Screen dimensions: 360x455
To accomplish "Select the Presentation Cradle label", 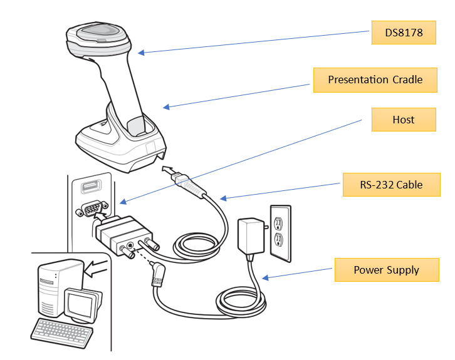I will [x=375, y=80].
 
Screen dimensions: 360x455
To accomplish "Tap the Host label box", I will [x=403, y=120].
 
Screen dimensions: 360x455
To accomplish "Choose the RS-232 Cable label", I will [x=390, y=184].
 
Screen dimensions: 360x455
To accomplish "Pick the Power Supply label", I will [x=386, y=270].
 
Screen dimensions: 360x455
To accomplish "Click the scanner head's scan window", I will [x=97, y=31].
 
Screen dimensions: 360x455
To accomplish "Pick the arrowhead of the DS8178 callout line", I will [x=140, y=53].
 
